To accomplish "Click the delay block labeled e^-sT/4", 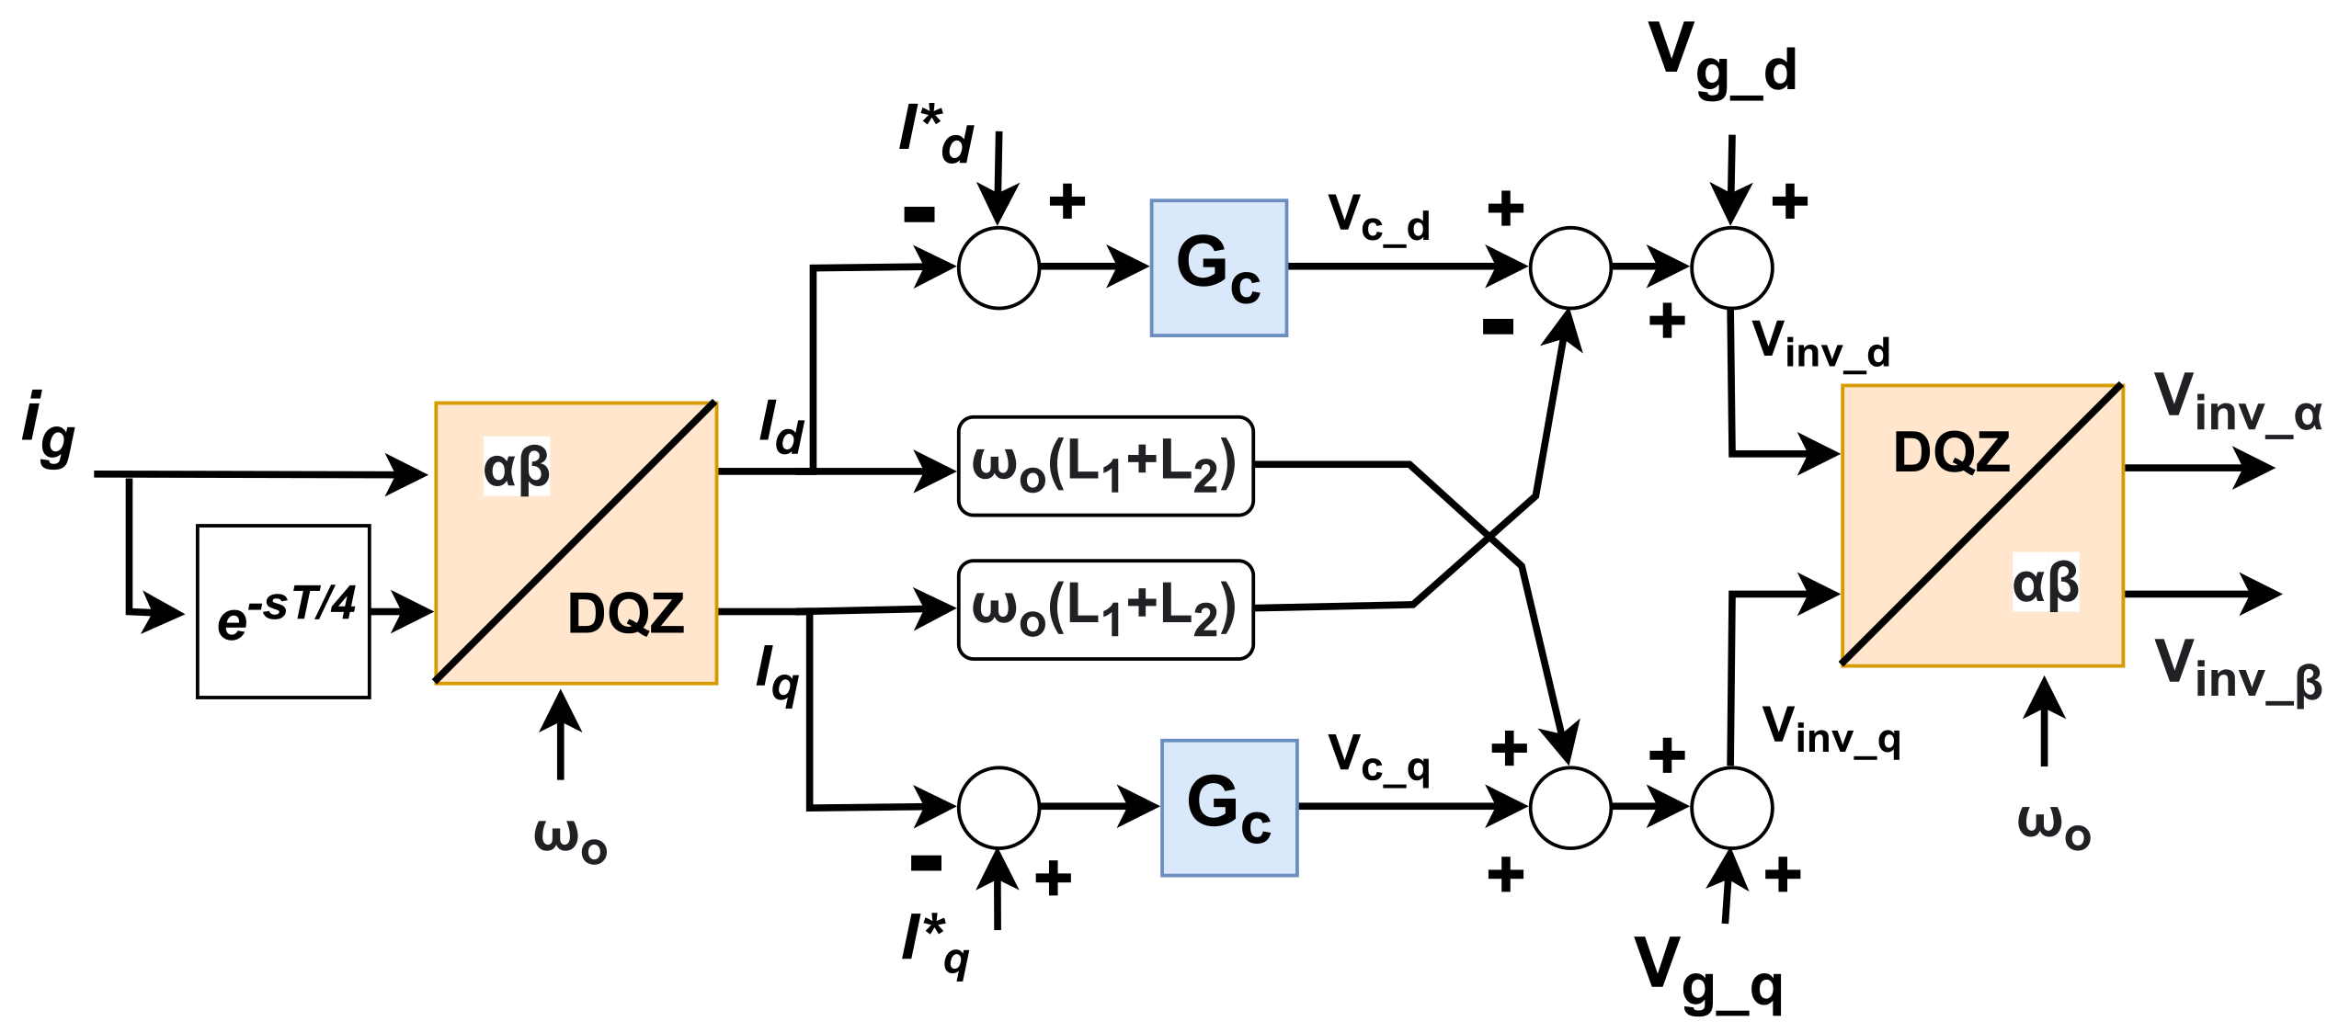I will [x=283, y=611].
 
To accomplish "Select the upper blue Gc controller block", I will [x=1218, y=267].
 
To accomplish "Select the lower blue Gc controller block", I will [x=1228, y=807].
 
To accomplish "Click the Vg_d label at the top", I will [x=1721, y=60].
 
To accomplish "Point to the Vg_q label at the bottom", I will [x=1708, y=974].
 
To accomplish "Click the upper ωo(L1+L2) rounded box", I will [x=1105, y=466].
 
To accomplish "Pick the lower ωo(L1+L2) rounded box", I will [x=1105, y=609].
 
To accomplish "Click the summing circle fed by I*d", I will [x=998, y=267].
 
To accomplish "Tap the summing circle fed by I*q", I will [x=998, y=807].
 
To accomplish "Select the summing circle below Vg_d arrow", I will [x=1731, y=267].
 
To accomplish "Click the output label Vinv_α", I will [x=2237, y=403].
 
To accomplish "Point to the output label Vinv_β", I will [x=2237, y=669].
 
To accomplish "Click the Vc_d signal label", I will [x=1378, y=219].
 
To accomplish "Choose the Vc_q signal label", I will [x=1378, y=758].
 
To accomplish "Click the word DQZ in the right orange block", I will [x=1951, y=452].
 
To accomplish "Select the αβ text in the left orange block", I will [x=517, y=467].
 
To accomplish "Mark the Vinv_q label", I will [x=1830, y=731].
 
